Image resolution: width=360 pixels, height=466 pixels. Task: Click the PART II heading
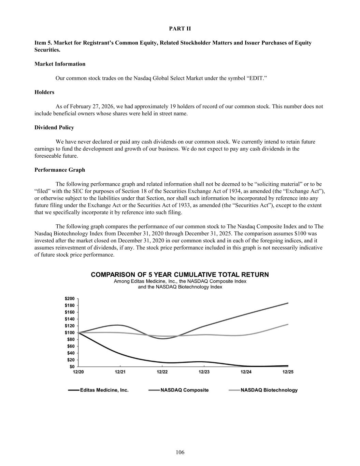180,29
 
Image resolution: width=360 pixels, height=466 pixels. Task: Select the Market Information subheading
60,64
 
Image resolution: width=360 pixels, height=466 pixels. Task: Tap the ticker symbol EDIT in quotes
258,78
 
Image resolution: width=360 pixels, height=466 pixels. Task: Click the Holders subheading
44,92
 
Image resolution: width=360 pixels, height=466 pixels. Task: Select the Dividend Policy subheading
54,127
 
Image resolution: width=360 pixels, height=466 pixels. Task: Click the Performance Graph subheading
60,170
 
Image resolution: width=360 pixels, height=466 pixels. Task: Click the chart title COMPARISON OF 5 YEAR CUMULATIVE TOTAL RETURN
180,274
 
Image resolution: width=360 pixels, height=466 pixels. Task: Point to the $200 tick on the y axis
70,298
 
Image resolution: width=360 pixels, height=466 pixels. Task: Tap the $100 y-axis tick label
70,333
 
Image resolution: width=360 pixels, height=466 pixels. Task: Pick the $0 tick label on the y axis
72,367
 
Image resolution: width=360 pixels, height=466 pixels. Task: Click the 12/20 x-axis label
78,372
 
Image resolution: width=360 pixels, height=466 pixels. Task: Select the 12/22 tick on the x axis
162,372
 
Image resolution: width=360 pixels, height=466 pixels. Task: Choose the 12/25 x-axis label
288,372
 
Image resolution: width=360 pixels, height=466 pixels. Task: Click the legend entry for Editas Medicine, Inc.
104,390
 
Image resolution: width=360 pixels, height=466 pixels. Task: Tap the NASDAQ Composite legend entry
184,390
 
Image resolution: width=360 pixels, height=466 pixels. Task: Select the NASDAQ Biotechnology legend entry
269,390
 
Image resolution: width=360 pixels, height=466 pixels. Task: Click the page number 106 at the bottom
180,452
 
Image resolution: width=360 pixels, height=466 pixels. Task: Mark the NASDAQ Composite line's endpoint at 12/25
288,303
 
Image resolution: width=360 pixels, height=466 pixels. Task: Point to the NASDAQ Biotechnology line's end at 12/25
288,324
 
